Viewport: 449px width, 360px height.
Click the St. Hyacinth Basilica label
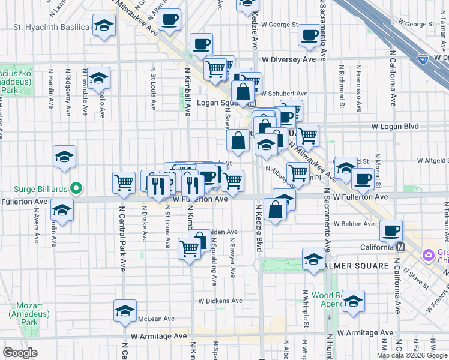[x=51, y=27]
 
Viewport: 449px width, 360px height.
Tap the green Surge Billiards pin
[x=76, y=189]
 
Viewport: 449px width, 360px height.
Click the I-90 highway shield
[x=423, y=59]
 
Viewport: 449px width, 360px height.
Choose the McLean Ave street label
[x=156, y=319]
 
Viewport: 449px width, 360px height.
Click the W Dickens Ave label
[x=220, y=301]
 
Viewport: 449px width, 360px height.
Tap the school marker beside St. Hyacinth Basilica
[x=104, y=26]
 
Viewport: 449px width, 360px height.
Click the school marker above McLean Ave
[x=125, y=310]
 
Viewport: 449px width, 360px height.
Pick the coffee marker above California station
[x=391, y=229]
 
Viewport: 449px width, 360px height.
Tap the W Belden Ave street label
[x=354, y=223]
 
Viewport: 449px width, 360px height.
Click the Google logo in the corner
[x=20, y=353]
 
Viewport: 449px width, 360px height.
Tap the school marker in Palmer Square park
[x=313, y=260]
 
